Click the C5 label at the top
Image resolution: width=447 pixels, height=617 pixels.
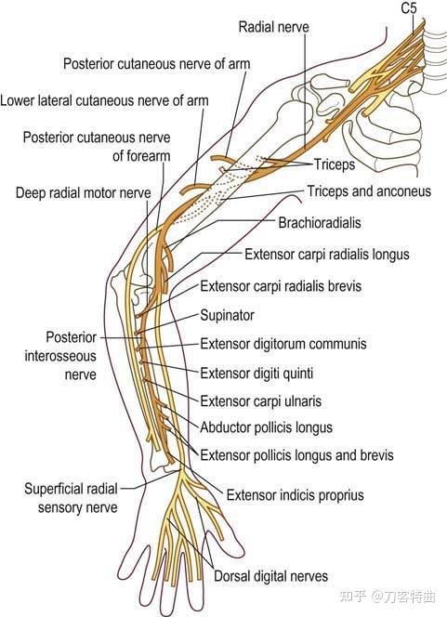[409, 7]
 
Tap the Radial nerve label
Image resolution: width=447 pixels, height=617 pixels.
[274, 27]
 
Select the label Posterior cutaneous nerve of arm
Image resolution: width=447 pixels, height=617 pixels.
[157, 64]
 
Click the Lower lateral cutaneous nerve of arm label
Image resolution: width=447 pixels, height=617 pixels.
[104, 100]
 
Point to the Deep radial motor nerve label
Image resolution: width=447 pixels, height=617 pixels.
[84, 193]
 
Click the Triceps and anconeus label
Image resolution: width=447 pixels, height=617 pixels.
[369, 191]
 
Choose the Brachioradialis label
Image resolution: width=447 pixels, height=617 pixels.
[320, 223]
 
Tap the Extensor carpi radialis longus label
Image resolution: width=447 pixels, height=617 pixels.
[327, 255]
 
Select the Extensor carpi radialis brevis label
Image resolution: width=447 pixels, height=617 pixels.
[281, 286]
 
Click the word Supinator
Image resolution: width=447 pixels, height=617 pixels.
[227, 315]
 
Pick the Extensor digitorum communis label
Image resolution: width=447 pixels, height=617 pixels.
[283, 344]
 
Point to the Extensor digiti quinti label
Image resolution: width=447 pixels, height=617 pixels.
[256, 373]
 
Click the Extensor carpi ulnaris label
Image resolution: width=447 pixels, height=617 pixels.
[261, 401]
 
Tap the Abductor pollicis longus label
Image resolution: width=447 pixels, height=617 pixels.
[267, 427]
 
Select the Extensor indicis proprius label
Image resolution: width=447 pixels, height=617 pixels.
[296, 495]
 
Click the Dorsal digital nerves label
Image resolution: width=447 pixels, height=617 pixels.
[270, 576]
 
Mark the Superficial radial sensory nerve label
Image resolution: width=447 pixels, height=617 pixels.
[72, 498]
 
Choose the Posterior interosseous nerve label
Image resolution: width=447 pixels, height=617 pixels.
[60, 356]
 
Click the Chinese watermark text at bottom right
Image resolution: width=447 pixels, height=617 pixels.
[388, 597]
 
